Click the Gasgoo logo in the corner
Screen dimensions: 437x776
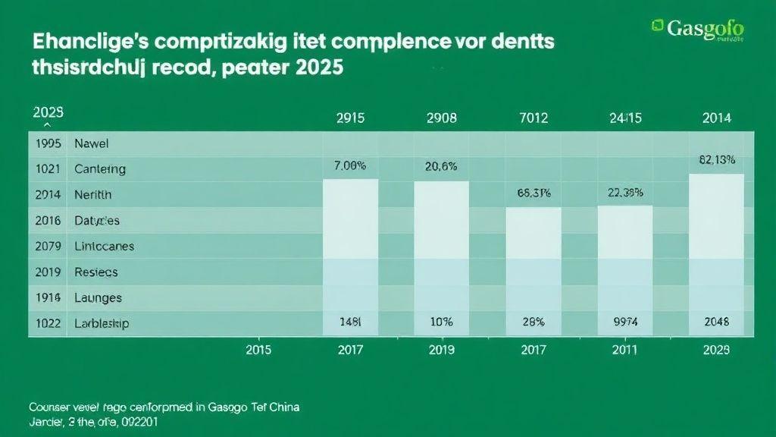tap(696, 28)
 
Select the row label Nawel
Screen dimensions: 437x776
tap(92, 143)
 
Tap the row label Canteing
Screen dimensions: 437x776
tap(100, 168)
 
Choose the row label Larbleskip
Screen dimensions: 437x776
tap(102, 322)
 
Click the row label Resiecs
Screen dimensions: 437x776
tap(96, 272)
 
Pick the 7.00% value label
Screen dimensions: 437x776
tap(350, 165)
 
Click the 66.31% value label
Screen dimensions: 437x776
tap(533, 193)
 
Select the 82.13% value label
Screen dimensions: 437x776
tap(715, 159)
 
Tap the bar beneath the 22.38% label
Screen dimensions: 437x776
tap(625, 269)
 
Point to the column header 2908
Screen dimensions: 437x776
tap(441, 118)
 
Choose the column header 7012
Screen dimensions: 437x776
tap(533, 118)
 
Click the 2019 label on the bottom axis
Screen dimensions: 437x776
tap(441, 350)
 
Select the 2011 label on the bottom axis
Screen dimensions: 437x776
tap(625, 350)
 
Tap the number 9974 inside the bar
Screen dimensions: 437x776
tap(625, 322)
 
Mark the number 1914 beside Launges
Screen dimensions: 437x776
tap(48, 297)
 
